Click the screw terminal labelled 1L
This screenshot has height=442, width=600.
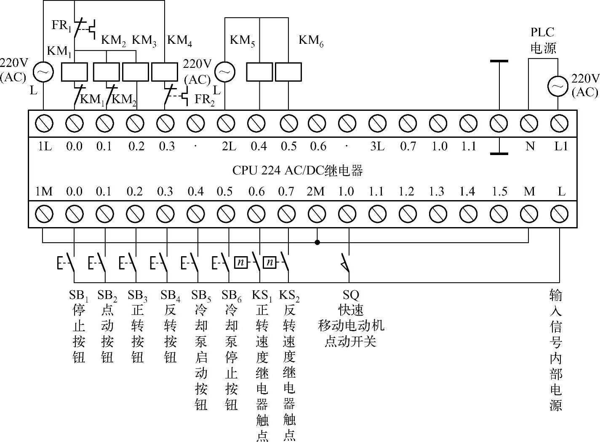(44, 123)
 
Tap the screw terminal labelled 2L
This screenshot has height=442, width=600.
(226, 123)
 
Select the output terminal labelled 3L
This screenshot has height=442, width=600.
(377, 123)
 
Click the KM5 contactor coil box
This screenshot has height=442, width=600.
(259, 72)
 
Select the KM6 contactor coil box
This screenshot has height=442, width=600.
(288, 72)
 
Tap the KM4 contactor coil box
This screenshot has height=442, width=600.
(164, 72)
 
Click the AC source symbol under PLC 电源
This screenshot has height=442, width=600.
(558, 86)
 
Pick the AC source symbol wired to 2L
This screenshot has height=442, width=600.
(225, 72)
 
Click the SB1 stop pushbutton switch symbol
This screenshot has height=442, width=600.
(67, 263)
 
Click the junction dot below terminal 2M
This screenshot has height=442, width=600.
(317, 242)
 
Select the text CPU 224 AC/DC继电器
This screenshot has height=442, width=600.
(297, 171)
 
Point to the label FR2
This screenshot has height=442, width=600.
(205, 99)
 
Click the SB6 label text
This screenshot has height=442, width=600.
(231, 296)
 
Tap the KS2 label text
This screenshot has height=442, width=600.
(289, 296)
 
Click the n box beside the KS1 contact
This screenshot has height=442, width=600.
(240, 263)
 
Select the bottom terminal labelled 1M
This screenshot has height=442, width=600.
(44, 214)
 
